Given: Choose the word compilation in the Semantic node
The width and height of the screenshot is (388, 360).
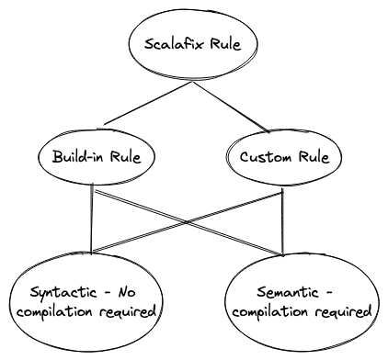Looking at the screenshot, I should (274, 312).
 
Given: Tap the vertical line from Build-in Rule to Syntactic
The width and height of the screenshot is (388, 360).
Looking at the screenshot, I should (93, 220).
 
